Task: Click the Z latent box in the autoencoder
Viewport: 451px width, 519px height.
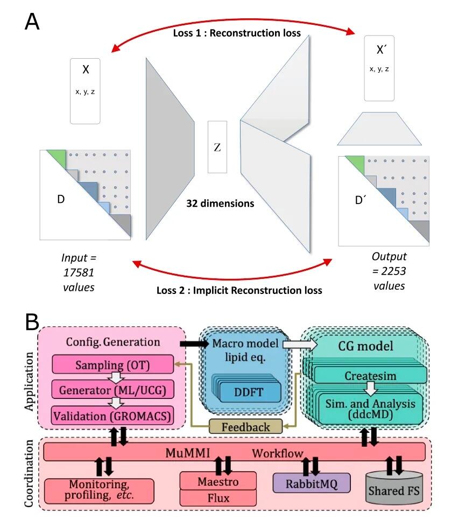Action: [x=217, y=147]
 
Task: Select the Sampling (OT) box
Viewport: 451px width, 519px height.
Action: [x=113, y=364]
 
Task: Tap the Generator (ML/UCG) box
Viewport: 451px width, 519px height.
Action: [x=113, y=390]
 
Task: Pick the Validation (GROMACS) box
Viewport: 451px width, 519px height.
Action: [x=112, y=416]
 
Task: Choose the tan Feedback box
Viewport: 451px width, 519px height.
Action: [x=246, y=426]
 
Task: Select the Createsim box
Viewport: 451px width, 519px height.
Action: [x=370, y=375]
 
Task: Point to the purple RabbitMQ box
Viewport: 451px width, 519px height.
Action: [x=312, y=483]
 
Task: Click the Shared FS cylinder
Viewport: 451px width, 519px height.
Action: [x=394, y=488]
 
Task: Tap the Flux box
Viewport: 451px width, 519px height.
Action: [x=218, y=498]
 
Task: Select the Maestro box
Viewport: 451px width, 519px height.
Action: [x=218, y=481]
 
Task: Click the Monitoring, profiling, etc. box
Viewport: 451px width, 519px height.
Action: [x=99, y=491]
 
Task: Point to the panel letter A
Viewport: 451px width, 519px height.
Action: [x=32, y=22]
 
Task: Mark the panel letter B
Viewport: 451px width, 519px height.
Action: [x=32, y=321]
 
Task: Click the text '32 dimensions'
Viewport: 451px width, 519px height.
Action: [x=220, y=203]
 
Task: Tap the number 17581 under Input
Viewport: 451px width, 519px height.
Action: [x=79, y=272]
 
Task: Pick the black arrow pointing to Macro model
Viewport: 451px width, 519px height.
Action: [x=194, y=344]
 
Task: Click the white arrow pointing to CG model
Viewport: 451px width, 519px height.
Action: [x=300, y=345]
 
